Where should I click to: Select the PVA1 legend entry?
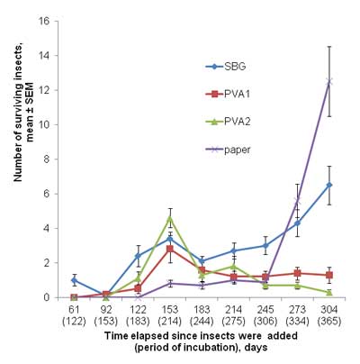click(228, 94)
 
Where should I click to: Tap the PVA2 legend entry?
click(228, 122)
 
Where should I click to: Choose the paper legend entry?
click(228, 150)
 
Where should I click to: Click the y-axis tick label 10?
click(47, 124)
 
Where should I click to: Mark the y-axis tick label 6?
click(49, 194)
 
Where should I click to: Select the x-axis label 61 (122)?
click(74, 315)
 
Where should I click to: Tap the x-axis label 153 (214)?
click(170, 315)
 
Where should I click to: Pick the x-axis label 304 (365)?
click(329, 315)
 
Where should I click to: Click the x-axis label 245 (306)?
click(265, 315)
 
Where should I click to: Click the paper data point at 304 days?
click(329, 81)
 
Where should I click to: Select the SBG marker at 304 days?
click(329, 185)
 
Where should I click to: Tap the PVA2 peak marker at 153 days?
click(170, 218)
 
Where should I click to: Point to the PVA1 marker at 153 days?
click(170, 249)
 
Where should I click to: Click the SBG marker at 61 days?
click(74, 280)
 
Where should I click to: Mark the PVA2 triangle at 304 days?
click(329, 292)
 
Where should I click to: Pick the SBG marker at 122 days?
click(138, 256)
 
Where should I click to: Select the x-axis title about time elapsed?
click(201, 341)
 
